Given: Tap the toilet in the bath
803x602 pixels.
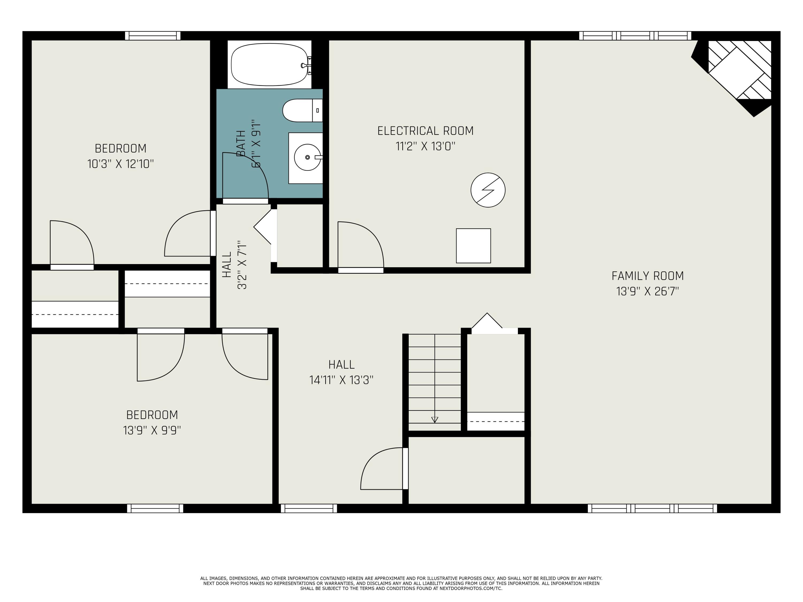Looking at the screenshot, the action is [302, 110].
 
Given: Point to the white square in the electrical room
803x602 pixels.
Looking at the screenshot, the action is [474, 246].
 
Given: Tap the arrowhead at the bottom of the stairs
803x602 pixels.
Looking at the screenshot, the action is [434, 420].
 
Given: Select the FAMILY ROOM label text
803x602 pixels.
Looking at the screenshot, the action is [648, 276].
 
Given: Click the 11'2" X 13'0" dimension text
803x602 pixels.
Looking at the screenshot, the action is [426, 146].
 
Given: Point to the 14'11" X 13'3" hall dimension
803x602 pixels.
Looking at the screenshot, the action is [341, 380].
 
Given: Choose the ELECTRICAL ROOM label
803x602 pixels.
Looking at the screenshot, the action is [426, 131].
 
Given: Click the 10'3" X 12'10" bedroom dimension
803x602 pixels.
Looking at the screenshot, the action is [120, 164].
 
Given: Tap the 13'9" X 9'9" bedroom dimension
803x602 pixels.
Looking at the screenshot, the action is [152, 430].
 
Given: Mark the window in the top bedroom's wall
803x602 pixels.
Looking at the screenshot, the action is [153, 36].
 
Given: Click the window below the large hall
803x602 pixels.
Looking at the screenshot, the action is [309, 508].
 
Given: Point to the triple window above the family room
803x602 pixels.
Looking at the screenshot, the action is [635, 36].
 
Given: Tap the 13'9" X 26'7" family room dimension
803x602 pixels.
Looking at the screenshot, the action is [648, 291].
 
